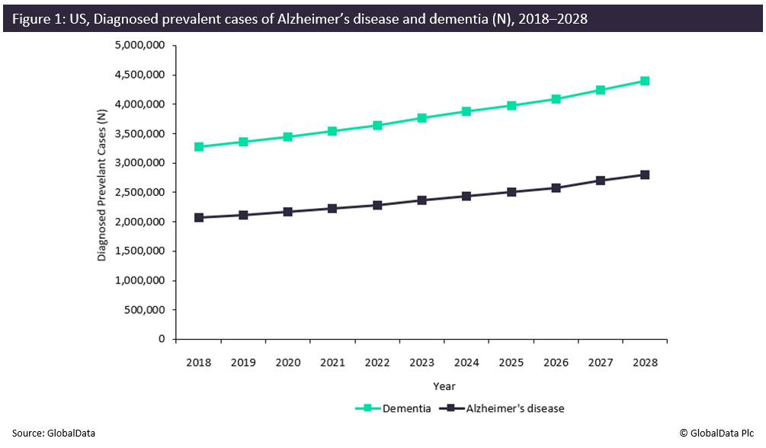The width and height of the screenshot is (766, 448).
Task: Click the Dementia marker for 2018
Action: pos(199,146)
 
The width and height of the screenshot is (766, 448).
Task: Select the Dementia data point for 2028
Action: pos(645,81)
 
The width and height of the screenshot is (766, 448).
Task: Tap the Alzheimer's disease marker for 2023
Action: pos(421,200)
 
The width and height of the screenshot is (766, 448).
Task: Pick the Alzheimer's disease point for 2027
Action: pos(601,181)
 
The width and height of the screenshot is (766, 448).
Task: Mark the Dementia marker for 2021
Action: pos(332,131)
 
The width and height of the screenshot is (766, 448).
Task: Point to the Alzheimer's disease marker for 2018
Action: pos(199,217)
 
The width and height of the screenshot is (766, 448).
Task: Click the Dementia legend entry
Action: pos(393,408)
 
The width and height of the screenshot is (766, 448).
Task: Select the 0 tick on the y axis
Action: pos(162,339)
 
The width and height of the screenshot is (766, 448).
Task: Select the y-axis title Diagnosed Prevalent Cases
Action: pos(102,184)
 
